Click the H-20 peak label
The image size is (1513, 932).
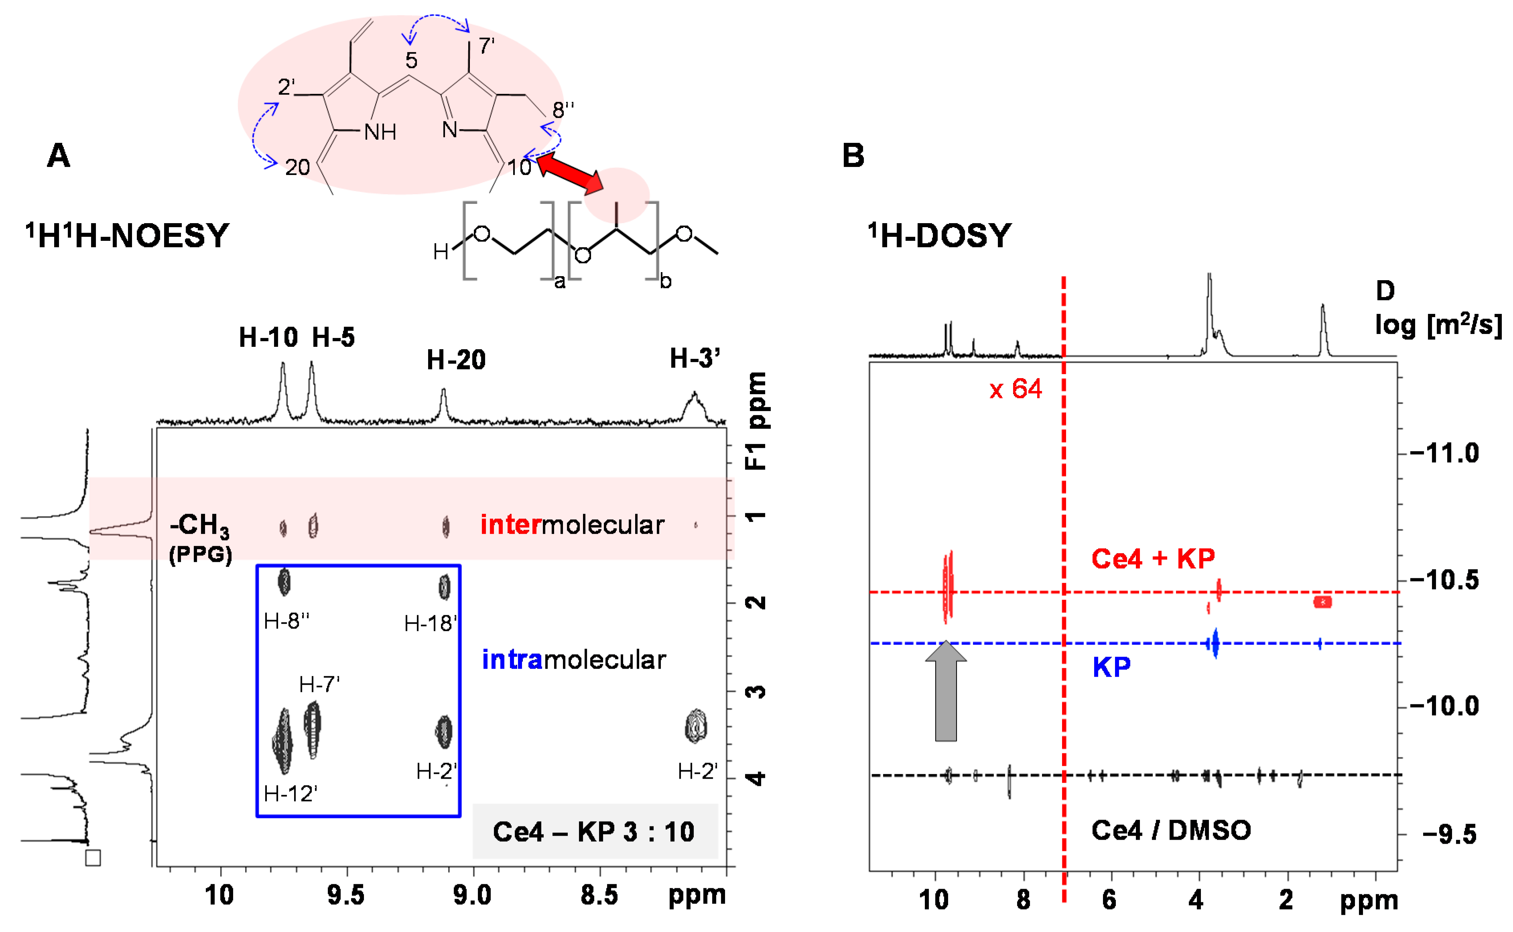[456, 359]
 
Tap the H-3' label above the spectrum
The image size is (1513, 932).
[694, 358]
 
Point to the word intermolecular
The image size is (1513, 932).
[572, 525]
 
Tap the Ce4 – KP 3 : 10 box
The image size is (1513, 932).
[595, 832]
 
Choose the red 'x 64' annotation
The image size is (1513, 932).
[1015, 389]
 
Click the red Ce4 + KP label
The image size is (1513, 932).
[1153, 558]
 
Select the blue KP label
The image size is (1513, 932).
[1111, 667]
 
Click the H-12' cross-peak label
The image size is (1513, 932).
[290, 793]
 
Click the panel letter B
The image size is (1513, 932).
[853, 155]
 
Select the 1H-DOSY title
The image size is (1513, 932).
[940, 236]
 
